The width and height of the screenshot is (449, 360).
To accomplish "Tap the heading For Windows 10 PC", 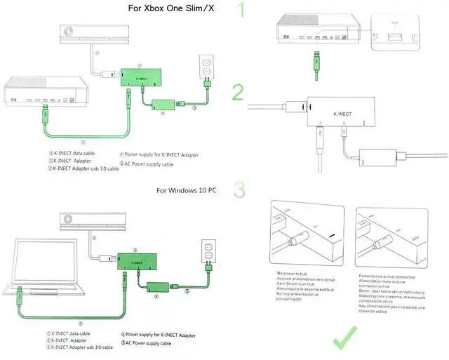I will pos(186,190).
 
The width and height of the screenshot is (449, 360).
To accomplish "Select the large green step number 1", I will pos(242,11).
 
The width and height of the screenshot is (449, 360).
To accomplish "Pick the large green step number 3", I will pos(240,191).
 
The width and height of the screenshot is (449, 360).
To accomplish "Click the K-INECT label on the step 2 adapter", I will pos(341,112).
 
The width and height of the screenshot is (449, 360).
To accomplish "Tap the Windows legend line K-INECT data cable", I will pos(69,333).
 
